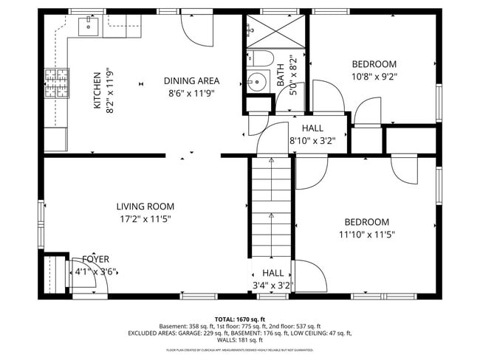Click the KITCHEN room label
97,90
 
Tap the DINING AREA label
191,81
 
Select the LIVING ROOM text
145,207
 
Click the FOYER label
95,259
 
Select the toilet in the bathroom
259,58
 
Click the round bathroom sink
257,81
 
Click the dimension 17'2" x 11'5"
145,219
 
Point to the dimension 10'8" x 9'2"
374,77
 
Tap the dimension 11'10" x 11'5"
367,235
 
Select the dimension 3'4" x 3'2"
272,285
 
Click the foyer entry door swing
80,278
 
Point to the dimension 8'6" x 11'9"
191,94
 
